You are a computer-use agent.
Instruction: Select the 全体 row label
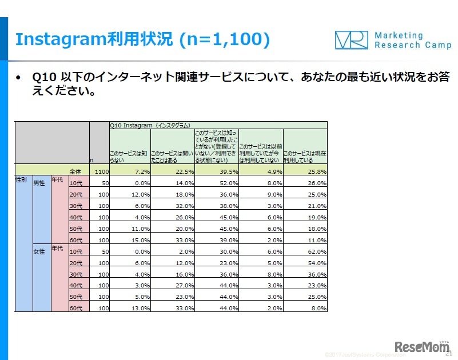75,171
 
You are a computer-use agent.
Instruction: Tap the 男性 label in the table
39,183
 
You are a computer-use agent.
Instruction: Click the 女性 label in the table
39,251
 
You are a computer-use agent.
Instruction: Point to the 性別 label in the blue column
21,180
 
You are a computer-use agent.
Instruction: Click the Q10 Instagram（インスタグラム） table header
150,125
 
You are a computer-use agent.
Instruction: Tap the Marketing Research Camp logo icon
351,39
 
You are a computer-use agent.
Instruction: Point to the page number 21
448,354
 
